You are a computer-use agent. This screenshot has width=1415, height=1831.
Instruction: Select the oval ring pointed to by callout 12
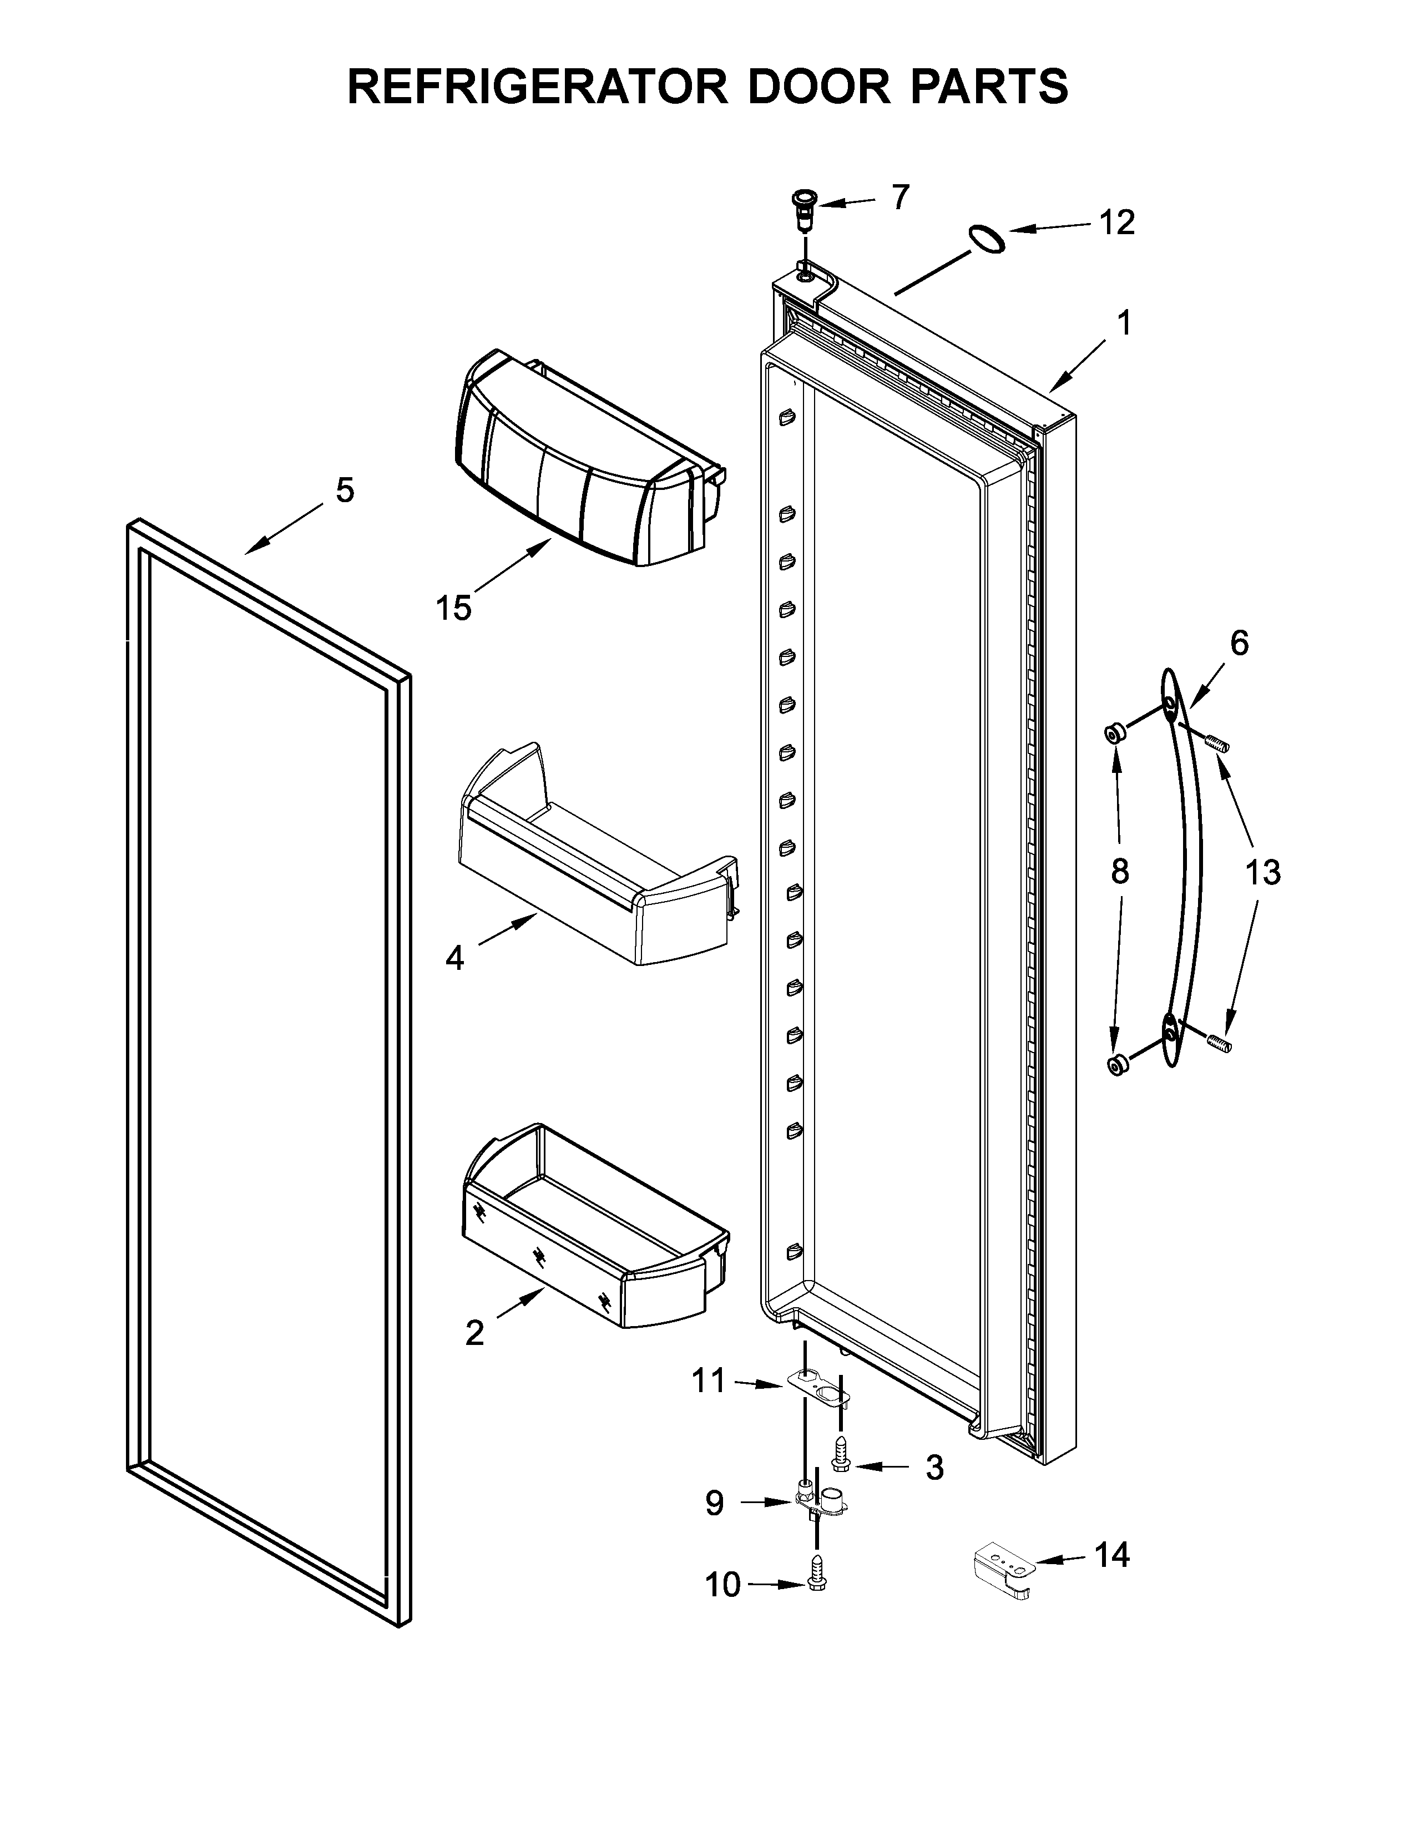pyautogui.click(x=987, y=239)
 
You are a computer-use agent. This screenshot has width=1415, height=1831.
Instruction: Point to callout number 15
pyautogui.click(x=453, y=607)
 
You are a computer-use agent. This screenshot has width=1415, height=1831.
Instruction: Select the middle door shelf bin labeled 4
pyautogui.click(x=595, y=863)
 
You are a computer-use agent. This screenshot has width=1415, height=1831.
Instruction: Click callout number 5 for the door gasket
pyautogui.click(x=345, y=489)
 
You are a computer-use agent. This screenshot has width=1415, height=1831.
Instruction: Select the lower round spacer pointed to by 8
pyautogui.click(x=1116, y=1065)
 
